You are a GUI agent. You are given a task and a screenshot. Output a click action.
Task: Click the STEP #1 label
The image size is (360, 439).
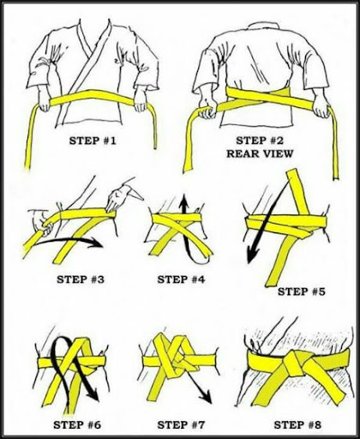click(x=93, y=141)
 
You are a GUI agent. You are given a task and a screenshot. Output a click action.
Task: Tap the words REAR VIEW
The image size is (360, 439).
click(x=260, y=153)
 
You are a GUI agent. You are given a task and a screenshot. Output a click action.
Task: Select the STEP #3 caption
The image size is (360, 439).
click(x=81, y=280)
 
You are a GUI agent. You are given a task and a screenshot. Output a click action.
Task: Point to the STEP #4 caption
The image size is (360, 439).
click(x=181, y=280)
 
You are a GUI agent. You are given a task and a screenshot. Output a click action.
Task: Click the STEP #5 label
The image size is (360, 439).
click(x=302, y=292)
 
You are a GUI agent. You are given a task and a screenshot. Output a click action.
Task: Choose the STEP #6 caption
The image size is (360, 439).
click(x=77, y=424)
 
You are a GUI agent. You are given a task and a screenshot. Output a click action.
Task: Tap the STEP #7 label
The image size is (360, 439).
click(x=181, y=424)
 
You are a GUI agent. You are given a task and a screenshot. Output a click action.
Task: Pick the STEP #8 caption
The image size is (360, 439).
click(x=297, y=424)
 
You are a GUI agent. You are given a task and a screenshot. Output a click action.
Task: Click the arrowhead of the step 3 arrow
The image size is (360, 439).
click(x=96, y=244)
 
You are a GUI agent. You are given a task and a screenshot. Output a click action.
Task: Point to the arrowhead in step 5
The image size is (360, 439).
click(x=252, y=255)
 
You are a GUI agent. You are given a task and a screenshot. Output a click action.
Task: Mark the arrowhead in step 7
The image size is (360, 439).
click(x=206, y=396)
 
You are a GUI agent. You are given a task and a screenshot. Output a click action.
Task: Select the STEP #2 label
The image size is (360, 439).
click(x=260, y=141)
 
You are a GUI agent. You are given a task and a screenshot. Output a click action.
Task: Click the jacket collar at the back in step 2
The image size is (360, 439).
click(x=265, y=25)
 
